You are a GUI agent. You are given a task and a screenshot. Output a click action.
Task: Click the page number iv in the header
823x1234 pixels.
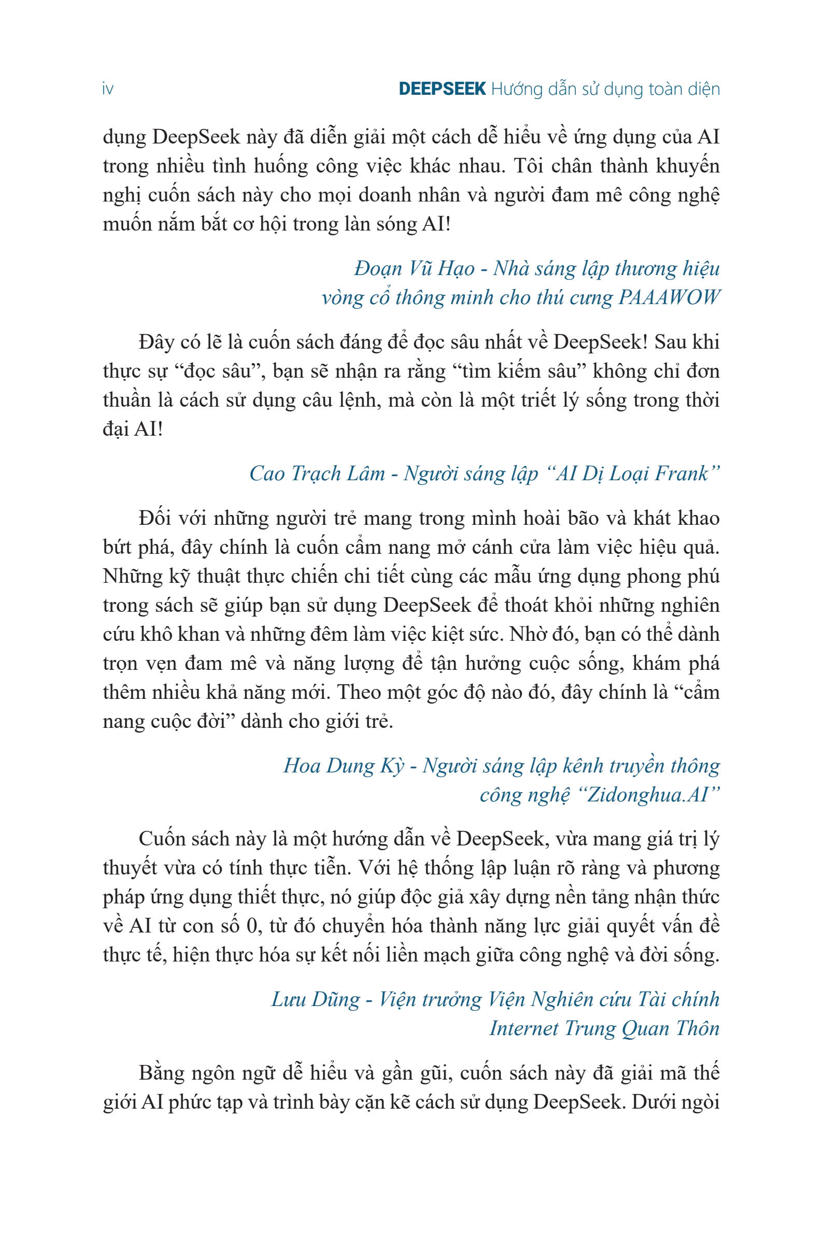point(108,90)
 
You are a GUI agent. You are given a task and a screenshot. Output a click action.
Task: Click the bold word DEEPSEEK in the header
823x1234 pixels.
point(442,89)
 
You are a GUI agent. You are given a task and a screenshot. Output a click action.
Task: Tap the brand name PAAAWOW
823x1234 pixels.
point(668,298)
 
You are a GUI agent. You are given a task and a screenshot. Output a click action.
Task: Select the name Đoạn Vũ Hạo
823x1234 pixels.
point(414,269)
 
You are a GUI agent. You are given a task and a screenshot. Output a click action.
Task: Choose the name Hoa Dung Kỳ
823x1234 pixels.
point(344,766)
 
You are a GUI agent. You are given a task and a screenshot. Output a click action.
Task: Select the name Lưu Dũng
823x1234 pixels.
point(316,999)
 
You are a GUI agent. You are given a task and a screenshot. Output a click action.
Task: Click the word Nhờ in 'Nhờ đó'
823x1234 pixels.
point(527,634)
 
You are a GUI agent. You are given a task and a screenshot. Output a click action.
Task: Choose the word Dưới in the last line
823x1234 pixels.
point(652,1102)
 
